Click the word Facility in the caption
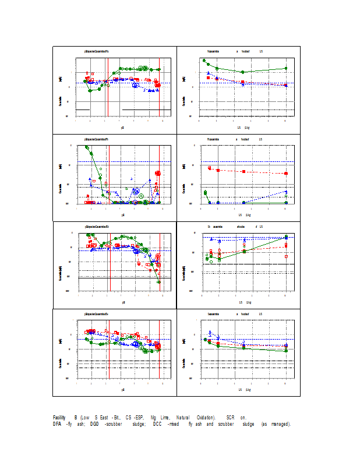tap(59, 418)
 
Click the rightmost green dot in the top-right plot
tap(286, 68)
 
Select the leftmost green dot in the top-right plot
tap(204, 60)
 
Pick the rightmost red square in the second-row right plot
tap(286, 174)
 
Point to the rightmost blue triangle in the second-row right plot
tap(286, 191)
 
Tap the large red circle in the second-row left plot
tap(158, 173)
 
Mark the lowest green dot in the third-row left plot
tap(159, 282)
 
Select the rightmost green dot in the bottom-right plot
tap(286, 351)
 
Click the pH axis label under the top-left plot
tap(122, 126)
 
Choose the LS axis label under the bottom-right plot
tap(240, 390)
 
